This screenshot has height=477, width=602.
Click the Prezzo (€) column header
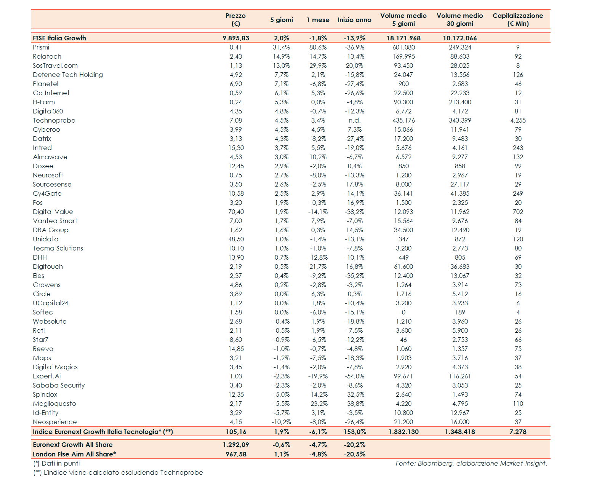pos(235,20)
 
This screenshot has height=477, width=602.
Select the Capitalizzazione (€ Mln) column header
pos(518,20)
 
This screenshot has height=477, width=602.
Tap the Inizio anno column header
pos(354,20)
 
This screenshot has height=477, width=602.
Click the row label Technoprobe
pos(54,120)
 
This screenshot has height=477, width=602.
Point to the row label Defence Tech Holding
pos(68,75)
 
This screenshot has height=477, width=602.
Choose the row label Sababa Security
pos(59,385)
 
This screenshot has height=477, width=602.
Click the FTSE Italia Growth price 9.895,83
pos(236,38)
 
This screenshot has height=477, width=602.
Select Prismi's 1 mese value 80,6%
pos(318,47)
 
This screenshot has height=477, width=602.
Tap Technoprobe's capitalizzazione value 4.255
pos(518,120)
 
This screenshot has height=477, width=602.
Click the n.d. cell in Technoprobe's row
pos(354,120)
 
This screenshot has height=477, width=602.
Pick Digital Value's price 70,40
pos(236,212)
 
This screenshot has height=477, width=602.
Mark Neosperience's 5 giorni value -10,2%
pos(281,422)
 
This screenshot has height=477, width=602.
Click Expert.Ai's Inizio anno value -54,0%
pos(354,376)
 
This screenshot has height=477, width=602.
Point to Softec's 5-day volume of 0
pos(403,312)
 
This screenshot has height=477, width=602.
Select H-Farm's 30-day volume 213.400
pos(460,102)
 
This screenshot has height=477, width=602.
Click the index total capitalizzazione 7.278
pos(518,432)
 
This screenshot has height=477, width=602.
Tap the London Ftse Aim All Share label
pos(74,454)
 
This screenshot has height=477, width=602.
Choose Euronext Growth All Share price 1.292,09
pos(236,445)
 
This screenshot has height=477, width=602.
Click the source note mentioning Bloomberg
pos(471,463)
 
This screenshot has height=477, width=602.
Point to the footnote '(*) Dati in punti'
pos(56,463)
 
